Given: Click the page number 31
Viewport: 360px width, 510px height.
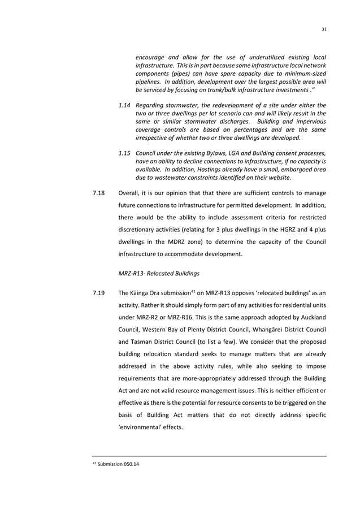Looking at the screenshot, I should [x=324, y=29].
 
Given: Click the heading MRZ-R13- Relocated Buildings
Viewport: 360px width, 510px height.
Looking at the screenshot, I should [x=159, y=274].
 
